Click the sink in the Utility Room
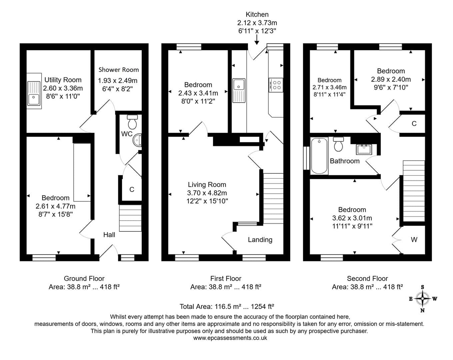pos(34,93)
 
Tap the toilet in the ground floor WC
pos(132,122)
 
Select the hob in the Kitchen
pos(276,85)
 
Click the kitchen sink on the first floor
pos(239,90)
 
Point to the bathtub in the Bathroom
pos(319,156)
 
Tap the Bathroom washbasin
pos(364,149)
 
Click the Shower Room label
pos(119,70)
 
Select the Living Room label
pos(207,185)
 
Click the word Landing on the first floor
pos(260,240)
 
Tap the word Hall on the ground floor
pos(109,235)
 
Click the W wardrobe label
pos(414,240)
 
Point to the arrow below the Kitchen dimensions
pos(257,40)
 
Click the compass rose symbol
pos(422,299)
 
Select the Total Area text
pos(227,307)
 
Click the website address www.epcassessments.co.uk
pos(230,338)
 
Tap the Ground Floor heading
pos(84,279)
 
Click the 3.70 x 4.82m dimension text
pos(207,193)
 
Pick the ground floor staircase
pos(130,218)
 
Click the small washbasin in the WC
pos(137,140)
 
